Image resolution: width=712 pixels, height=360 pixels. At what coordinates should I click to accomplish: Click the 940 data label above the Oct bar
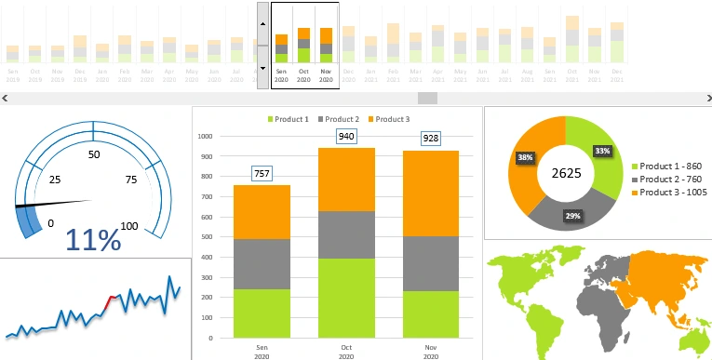346,137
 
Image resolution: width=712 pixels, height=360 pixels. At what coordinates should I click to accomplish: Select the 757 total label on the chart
262,174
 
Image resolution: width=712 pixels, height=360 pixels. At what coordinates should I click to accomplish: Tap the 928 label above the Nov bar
431,138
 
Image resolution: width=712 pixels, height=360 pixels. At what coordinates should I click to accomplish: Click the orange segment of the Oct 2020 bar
346,179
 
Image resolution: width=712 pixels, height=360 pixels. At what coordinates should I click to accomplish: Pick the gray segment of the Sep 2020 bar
262,263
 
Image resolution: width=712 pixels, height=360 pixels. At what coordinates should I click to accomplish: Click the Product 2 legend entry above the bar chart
339,119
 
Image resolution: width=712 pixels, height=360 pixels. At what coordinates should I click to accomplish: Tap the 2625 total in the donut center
565,173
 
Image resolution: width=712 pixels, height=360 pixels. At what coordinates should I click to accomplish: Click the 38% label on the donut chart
525,157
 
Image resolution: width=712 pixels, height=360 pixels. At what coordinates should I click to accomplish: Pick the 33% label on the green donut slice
602,151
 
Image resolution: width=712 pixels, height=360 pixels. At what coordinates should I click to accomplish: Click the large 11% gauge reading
93,240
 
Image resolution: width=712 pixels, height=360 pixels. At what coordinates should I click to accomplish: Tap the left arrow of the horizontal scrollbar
6,98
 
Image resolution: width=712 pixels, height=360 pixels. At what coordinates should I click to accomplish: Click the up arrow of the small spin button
262,22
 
